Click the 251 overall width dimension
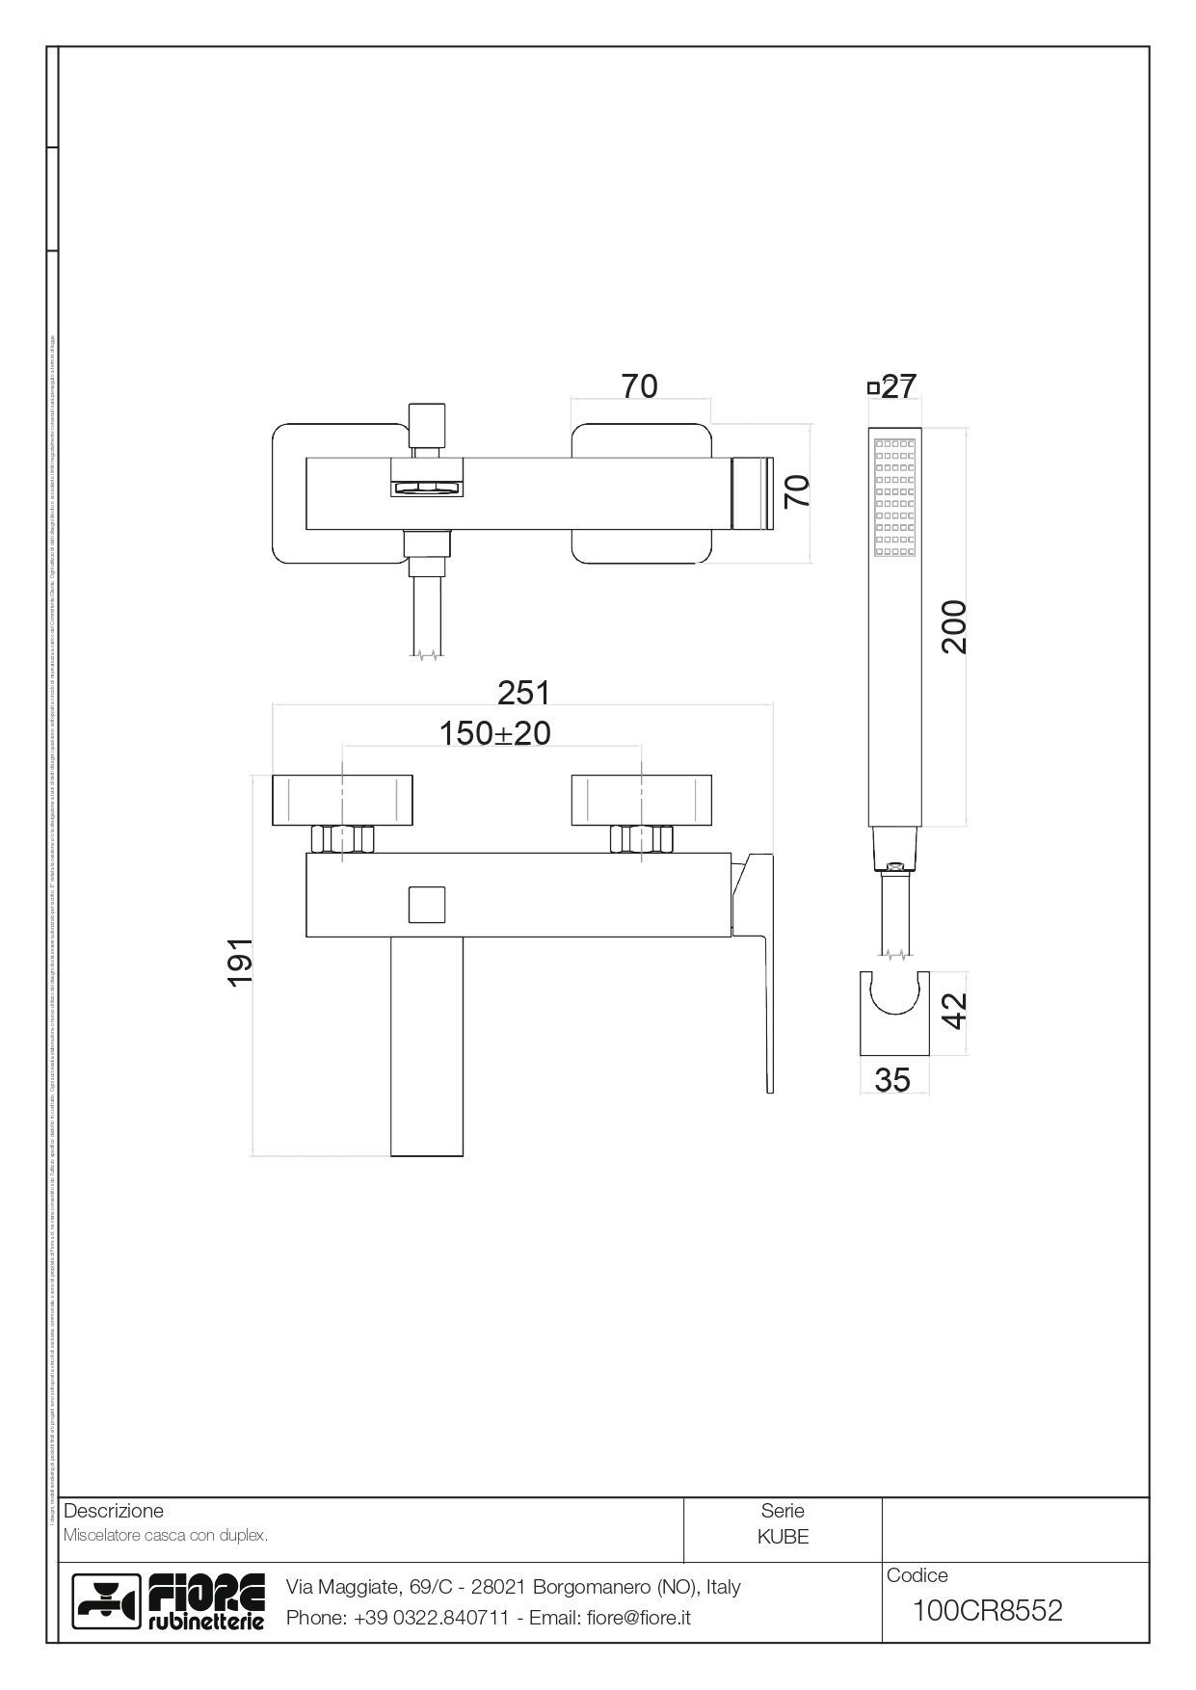tap(523, 692)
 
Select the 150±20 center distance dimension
tap(494, 733)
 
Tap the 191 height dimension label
tap(240, 961)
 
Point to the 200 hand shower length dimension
tap(954, 627)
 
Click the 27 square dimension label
tap(897, 386)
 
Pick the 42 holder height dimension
tap(953, 1011)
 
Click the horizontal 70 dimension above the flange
tap(639, 385)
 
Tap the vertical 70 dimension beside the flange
tap(797, 491)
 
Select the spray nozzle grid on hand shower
tap(893, 498)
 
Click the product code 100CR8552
tap(987, 1610)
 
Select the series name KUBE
tap(783, 1537)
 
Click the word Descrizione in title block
tap(113, 1511)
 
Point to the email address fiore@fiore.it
tap(638, 1618)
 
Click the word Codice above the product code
tap(917, 1575)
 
